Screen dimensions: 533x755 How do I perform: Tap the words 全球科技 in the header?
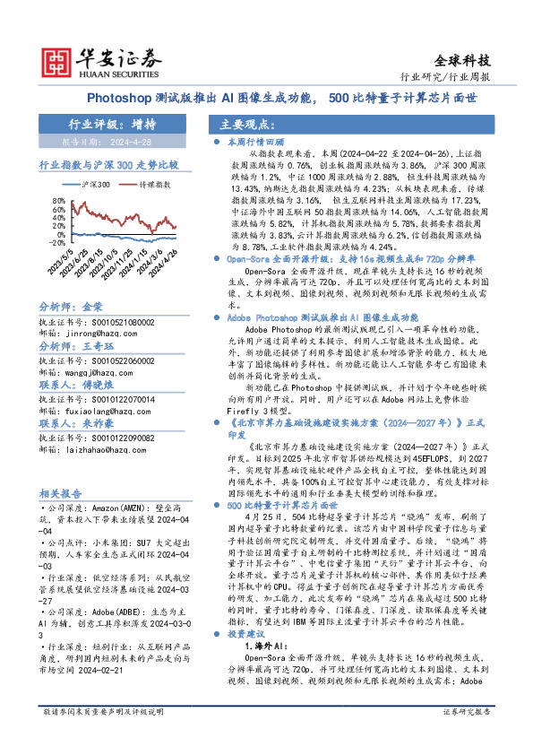pyautogui.click(x=462, y=61)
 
